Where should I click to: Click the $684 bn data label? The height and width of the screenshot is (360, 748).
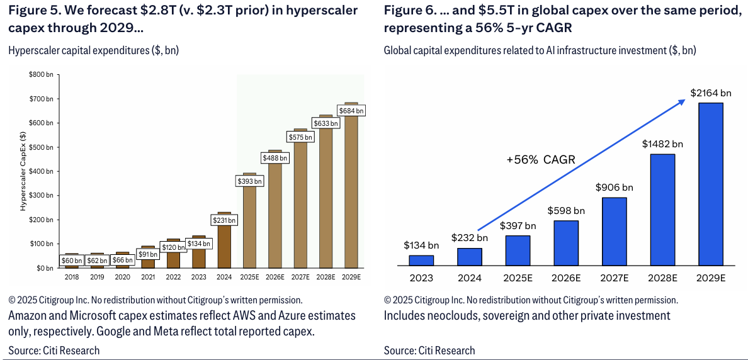351,111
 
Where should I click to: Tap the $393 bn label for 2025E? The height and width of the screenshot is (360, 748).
249,181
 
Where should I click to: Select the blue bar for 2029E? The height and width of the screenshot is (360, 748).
711,185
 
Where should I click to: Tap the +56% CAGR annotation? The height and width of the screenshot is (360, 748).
541,159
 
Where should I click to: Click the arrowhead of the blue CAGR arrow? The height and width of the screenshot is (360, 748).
682,101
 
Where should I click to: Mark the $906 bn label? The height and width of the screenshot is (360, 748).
614,187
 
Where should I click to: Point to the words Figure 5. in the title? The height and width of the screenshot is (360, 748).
33,11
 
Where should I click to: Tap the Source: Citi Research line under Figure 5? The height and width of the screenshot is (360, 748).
54,350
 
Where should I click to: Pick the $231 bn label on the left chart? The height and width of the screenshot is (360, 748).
224,220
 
